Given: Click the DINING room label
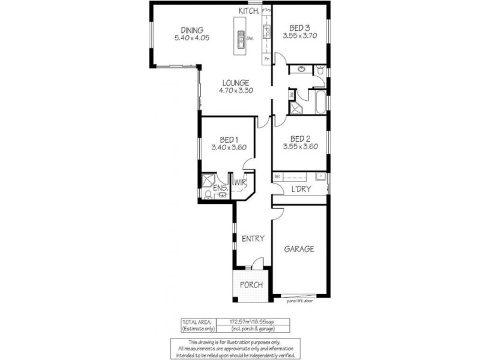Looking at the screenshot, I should [x=189, y=30].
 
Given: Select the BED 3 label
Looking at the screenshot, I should [x=300, y=28].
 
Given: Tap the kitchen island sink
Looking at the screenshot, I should [x=239, y=39].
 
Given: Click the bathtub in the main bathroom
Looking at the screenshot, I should [x=319, y=101].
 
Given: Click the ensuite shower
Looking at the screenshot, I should [x=208, y=180].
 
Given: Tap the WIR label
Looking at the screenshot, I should [x=241, y=182].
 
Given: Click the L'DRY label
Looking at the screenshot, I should [x=300, y=189].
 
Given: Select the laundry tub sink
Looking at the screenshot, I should [x=320, y=176].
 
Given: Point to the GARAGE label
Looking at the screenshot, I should [x=299, y=249].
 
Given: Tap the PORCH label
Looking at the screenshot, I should [x=251, y=284].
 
